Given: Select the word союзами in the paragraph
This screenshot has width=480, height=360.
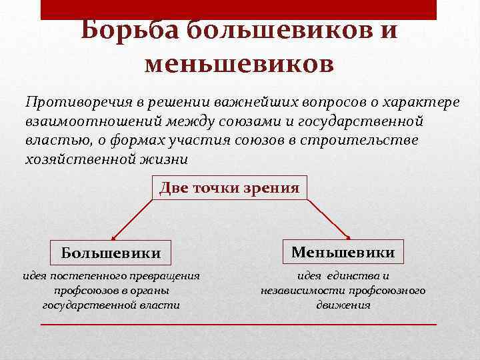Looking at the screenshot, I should (x=261, y=122).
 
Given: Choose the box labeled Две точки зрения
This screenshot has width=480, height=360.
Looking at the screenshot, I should (x=229, y=188).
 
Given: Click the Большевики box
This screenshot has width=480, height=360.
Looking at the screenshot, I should (x=111, y=253).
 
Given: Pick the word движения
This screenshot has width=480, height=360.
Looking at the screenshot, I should (x=343, y=305).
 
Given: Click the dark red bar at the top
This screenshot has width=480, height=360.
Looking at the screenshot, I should (x=239, y=9).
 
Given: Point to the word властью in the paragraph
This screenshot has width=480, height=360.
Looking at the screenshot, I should (x=48, y=141).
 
